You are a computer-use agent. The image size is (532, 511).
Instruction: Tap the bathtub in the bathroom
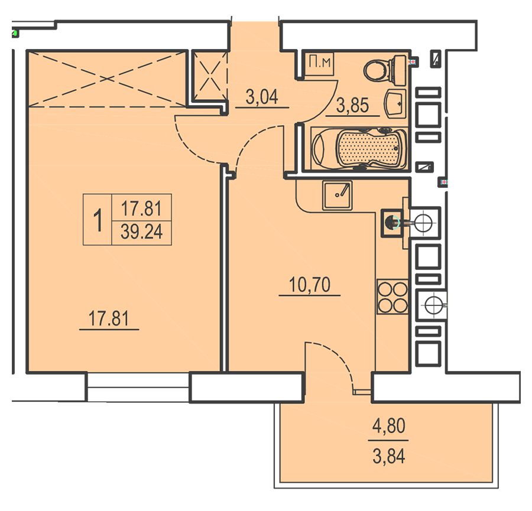tap(359, 148)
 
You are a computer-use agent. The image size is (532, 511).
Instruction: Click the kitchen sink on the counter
tap(338, 195)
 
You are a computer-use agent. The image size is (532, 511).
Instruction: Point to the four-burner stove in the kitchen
tap(392, 297)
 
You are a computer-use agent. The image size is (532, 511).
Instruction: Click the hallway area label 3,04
tap(262, 97)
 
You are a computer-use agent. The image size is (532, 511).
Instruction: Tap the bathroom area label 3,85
tap(352, 106)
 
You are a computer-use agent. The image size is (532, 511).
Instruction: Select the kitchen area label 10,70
tap(310, 285)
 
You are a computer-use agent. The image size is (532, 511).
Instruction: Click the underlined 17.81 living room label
tap(109, 319)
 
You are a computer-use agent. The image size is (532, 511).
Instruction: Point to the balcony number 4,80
tap(389, 426)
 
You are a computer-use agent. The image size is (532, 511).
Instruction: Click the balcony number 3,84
tap(389, 456)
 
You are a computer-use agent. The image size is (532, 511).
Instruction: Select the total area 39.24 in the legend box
tap(141, 232)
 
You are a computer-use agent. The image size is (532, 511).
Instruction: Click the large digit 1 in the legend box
tap(98, 220)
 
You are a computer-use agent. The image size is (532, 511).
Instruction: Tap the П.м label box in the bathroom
tap(320, 64)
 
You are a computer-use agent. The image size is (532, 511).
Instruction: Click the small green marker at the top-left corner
tap(15, 33)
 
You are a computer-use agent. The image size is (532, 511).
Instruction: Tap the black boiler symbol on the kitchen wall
tap(391, 223)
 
